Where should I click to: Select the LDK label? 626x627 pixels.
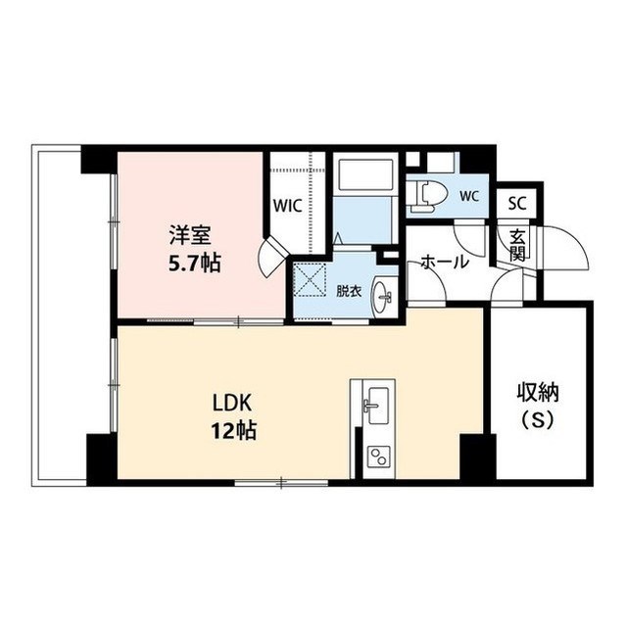pos(233,403)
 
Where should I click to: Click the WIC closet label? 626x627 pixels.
pos(288,207)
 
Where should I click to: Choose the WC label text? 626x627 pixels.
pos(467,194)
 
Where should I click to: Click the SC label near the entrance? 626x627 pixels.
pos(516,205)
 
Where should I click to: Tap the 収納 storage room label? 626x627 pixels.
pos(538,395)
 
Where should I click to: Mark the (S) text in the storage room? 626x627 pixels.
pos(538,423)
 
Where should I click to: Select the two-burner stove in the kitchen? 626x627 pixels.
pos(376,456)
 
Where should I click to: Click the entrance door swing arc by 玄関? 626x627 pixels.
pos(566,248)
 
